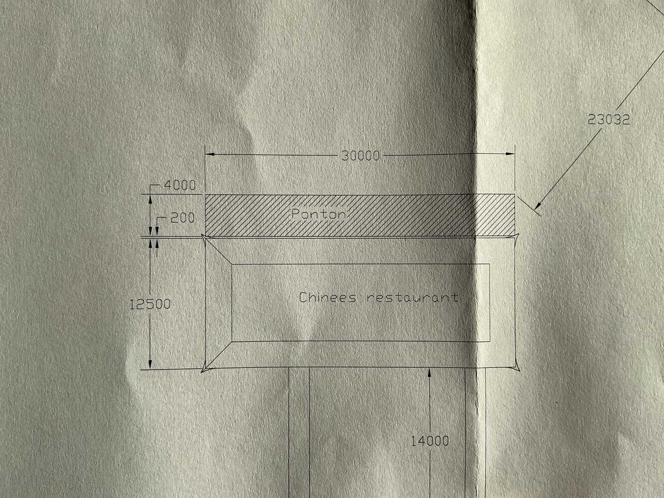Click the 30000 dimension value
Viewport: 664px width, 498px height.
[x=360, y=156]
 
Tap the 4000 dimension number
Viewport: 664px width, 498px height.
[x=179, y=185]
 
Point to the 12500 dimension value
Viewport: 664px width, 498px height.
[x=150, y=305]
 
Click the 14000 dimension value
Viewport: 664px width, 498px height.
[x=430, y=441]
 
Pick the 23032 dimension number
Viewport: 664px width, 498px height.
[x=609, y=120]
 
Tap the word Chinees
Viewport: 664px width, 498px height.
[x=327, y=298]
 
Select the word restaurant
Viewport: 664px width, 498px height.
[x=413, y=298]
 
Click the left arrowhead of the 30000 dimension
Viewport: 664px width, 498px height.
[x=210, y=154]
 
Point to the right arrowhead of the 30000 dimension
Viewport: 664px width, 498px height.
[x=510, y=154]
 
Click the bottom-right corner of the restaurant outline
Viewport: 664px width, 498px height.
[x=518, y=369]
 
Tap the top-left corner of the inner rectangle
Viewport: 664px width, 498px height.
[x=232, y=264]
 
